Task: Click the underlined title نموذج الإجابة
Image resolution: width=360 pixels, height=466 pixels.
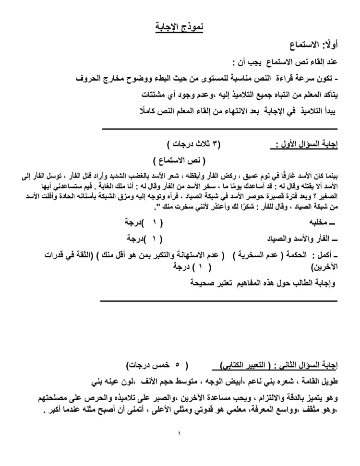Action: coord(180,27)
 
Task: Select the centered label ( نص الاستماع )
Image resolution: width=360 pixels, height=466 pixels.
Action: coord(178,160)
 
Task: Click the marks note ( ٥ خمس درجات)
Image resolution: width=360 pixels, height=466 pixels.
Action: coord(158,366)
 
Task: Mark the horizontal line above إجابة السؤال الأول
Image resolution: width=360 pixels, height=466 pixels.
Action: coord(220,129)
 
